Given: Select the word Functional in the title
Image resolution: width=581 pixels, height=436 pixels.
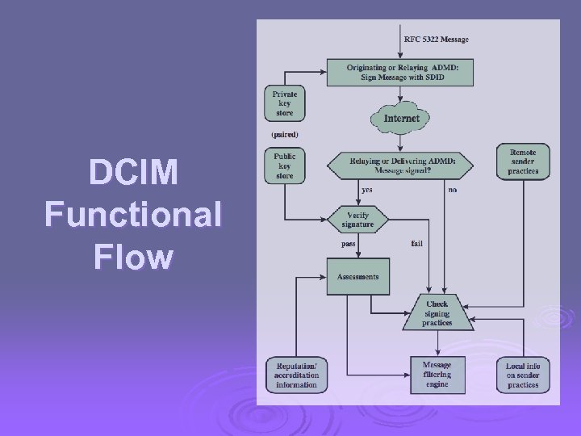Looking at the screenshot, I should click(133, 215).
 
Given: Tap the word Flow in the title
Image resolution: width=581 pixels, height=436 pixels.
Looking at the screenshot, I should click(133, 258).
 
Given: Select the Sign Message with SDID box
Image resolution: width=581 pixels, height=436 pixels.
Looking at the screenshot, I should click(399, 72).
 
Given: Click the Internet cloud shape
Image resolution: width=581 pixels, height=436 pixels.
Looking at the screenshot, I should click(401, 119).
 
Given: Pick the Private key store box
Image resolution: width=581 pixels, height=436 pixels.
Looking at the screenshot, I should click(284, 103).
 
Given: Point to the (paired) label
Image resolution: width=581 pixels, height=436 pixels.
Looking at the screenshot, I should click(284, 134).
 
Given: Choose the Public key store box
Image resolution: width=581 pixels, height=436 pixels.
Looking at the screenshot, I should click(284, 166).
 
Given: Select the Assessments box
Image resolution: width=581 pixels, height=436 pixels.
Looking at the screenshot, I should click(357, 277).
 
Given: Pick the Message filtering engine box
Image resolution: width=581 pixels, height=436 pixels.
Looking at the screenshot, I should click(437, 375).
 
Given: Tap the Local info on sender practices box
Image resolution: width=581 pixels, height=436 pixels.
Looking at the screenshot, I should click(522, 375).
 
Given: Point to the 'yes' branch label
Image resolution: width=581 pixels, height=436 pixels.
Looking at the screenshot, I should click(367, 190).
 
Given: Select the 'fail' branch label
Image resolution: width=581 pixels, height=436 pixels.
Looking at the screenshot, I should click(417, 243).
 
